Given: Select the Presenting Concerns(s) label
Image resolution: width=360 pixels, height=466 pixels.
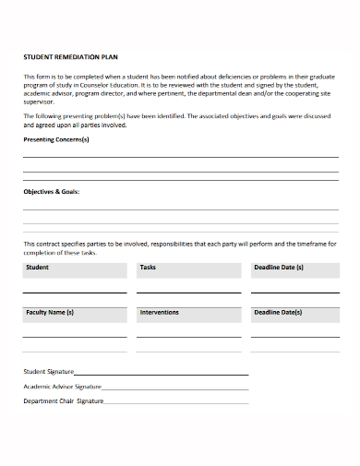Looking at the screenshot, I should point(56,139).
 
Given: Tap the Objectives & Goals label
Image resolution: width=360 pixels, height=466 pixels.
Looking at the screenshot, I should point(51,192).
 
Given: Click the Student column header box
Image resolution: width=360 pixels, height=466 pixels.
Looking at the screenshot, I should point(75,269).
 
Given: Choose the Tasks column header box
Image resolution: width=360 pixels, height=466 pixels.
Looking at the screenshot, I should point(187,269).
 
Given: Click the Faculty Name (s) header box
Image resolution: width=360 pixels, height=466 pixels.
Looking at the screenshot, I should point(75,315).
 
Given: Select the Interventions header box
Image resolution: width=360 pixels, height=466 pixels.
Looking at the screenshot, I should point(187,315).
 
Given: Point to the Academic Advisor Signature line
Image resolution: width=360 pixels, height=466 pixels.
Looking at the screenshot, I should point(174,389).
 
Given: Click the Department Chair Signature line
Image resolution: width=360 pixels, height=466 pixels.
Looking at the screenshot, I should point(175,403).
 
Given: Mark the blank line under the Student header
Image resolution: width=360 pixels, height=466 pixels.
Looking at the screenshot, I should point(75,293).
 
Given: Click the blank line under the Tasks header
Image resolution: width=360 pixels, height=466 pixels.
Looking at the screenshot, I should point(187,293).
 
